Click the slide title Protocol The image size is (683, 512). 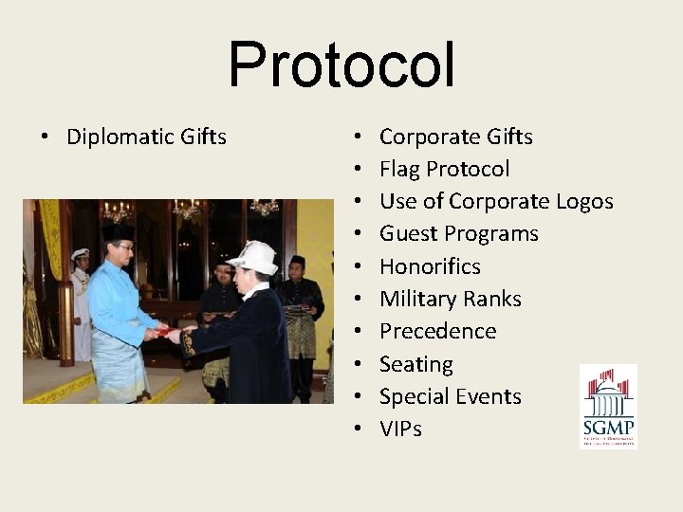click(341, 64)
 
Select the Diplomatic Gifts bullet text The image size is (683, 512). click(146, 137)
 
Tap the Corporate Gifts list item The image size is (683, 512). click(455, 137)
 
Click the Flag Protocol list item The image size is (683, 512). click(444, 169)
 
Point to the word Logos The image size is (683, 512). click(583, 201)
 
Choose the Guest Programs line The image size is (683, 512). click(458, 233)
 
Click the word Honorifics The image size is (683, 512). click(430, 266)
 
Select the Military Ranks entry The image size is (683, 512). click(450, 299)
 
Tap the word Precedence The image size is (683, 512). click(437, 331)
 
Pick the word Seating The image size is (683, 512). click(415, 364)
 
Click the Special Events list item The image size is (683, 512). click(450, 396)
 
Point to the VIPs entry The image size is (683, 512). click(400, 429)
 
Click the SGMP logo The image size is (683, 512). click(608, 406)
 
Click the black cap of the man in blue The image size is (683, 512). click(119, 231)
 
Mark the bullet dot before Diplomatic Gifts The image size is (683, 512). click(45, 137)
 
